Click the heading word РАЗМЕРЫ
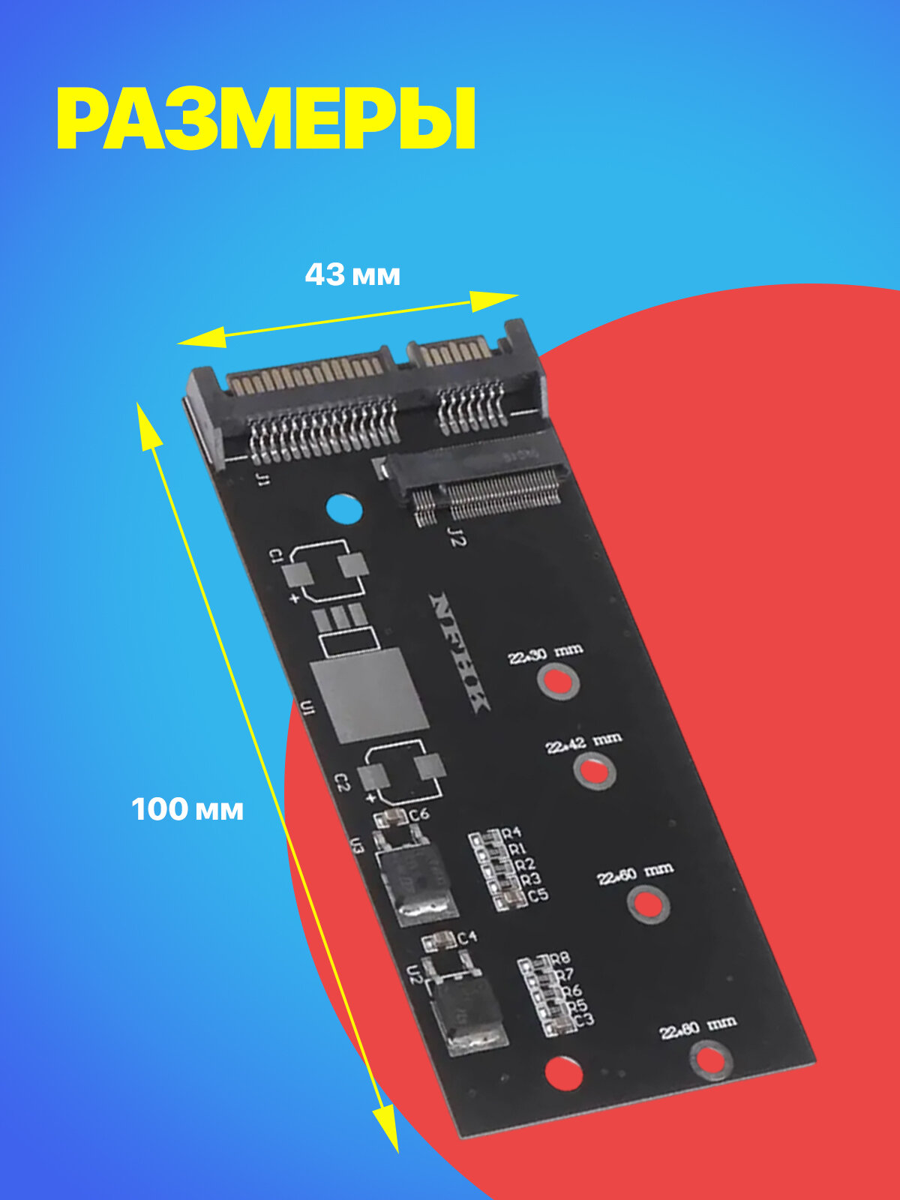click(x=266, y=120)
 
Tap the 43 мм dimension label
click(x=352, y=275)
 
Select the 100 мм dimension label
click(x=187, y=810)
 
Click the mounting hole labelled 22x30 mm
click(x=557, y=681)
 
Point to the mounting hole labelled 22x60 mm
click(x=648, y=904)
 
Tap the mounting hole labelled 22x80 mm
click(x=709, y=1060)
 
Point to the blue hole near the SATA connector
click(x=345, y=511)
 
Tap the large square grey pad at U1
click(x=369, y=696)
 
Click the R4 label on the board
click(x=511, y=833)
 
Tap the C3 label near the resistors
click(x=584, y=1020)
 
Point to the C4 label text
click(x=467, y=937)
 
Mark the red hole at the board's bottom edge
click(x=563, y=1072)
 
